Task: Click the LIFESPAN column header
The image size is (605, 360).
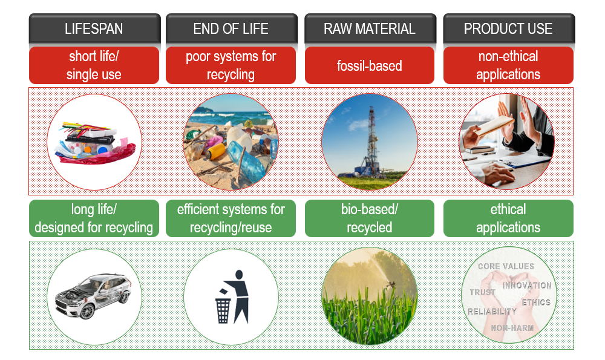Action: click(94, 28)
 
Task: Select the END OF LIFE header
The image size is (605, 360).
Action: click(231, 28)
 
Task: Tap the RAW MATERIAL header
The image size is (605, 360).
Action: click(369, 28)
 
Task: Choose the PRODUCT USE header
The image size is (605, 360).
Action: click(508, 28)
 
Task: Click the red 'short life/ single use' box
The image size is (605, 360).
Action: click(94, 65)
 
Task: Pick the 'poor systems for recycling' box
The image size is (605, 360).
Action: click(231, 65)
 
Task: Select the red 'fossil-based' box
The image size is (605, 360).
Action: click(369, 65)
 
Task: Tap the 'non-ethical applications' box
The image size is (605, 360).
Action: click(508, 65)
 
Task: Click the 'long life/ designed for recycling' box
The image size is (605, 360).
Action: click(94, 218)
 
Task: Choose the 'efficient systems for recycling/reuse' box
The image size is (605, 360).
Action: click(231, 218)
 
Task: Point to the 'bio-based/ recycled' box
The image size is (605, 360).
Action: click(369, 218)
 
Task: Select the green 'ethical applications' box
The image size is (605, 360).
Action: click(508, 218)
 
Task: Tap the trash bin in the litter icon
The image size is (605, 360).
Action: click(223, 310)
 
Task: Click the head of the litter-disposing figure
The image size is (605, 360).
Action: click(238, 275)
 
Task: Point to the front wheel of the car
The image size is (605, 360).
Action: click(87, 312)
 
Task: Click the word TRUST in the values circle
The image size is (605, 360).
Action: click(482, 293)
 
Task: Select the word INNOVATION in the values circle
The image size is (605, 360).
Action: click(527, 285)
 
